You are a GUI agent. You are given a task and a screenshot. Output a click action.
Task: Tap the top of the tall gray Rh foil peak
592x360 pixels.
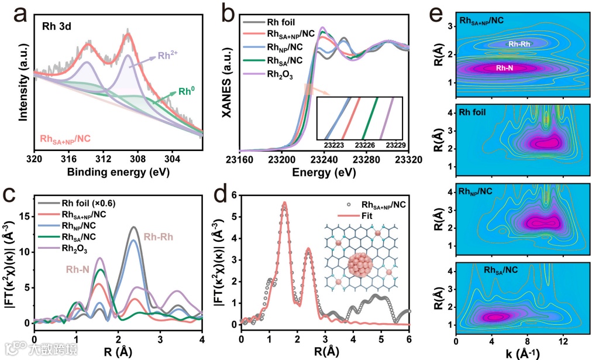pyautogui.click(x=134, y=227)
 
